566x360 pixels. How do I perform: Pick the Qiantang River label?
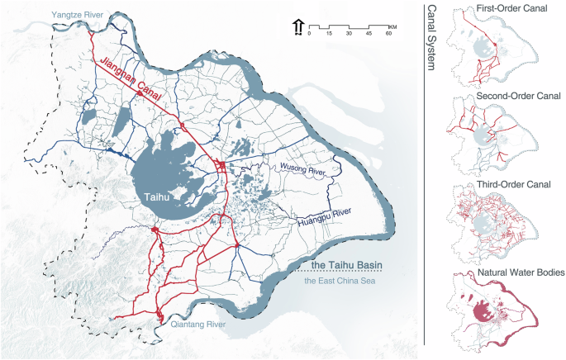198,325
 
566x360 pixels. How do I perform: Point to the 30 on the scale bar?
348,34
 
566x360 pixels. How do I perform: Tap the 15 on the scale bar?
328,34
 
